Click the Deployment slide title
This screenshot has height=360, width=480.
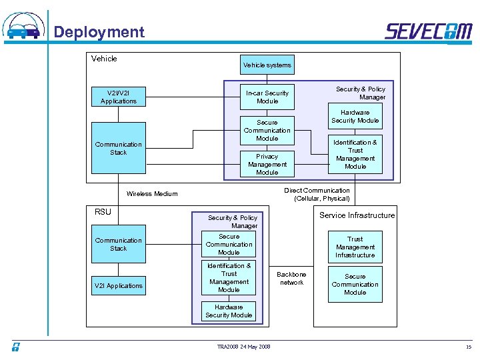(99, 32)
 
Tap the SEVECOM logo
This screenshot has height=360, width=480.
(428, 31)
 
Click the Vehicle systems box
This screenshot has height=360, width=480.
(267, 65)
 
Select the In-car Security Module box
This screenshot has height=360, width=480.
(267, 97)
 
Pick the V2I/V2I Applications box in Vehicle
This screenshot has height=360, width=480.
(118, 97)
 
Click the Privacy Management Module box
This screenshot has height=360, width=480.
(267, 164)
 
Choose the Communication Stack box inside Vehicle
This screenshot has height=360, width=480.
(118, 148)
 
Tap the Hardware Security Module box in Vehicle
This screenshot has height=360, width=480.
(355, 117)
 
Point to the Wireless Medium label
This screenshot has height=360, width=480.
(153, 194)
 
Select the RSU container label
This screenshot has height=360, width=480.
(103, 212)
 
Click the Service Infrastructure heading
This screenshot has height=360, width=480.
(357, 215)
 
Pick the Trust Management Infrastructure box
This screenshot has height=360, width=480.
(355, 247)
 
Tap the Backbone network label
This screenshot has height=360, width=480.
(291, 278)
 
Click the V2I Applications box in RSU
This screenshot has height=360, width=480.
(118, 285)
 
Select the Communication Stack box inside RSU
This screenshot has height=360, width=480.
(118, 244)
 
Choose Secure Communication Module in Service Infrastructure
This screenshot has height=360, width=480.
(355, 284)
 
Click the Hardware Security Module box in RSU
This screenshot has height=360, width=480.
(229, 311)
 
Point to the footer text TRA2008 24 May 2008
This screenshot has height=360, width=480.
(244, 347)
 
